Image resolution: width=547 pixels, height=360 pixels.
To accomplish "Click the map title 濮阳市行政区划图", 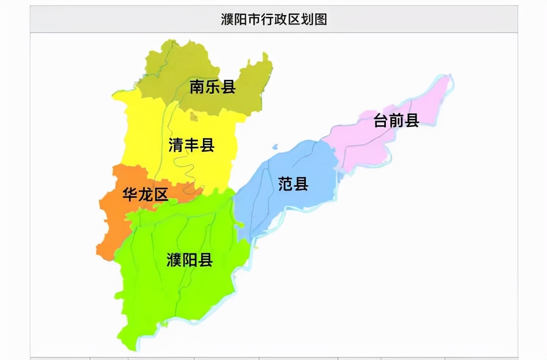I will coord(273,20).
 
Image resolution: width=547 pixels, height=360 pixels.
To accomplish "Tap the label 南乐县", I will coord(212,88).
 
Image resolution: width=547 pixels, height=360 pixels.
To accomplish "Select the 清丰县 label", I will coord(191,145).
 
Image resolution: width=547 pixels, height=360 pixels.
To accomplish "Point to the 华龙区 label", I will coord(145,195).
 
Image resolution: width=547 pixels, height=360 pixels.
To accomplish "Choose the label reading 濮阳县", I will coord(189,260).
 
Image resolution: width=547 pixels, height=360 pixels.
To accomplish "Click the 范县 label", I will coord(293,184).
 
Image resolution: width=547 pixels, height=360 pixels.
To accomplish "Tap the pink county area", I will coord(363,145).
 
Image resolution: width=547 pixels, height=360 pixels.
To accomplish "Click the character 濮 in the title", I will coord(227,20).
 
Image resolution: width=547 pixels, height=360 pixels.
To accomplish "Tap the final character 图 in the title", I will coord(321,20).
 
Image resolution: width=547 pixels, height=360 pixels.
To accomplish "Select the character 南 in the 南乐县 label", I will coord(197,88).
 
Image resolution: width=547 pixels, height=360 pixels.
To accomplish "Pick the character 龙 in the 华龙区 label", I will coord(145,195).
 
